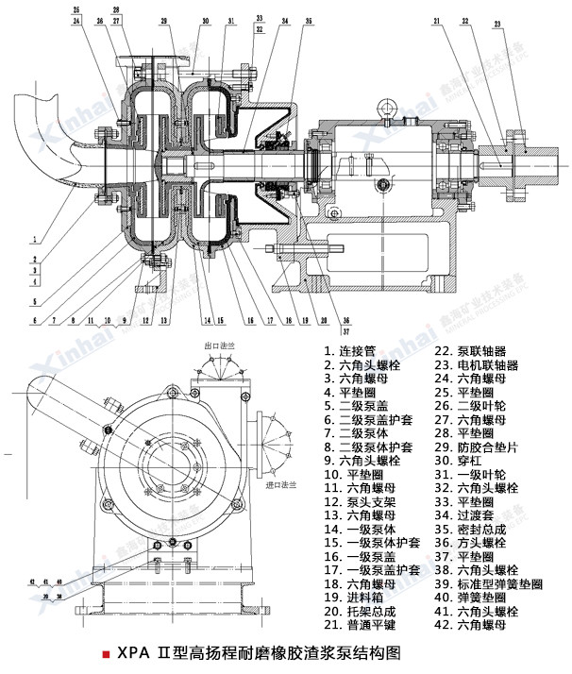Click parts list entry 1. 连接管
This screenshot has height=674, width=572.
(352, 349)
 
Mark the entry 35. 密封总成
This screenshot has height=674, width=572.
(469, 530)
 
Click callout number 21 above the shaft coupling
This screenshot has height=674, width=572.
(438, 22)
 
